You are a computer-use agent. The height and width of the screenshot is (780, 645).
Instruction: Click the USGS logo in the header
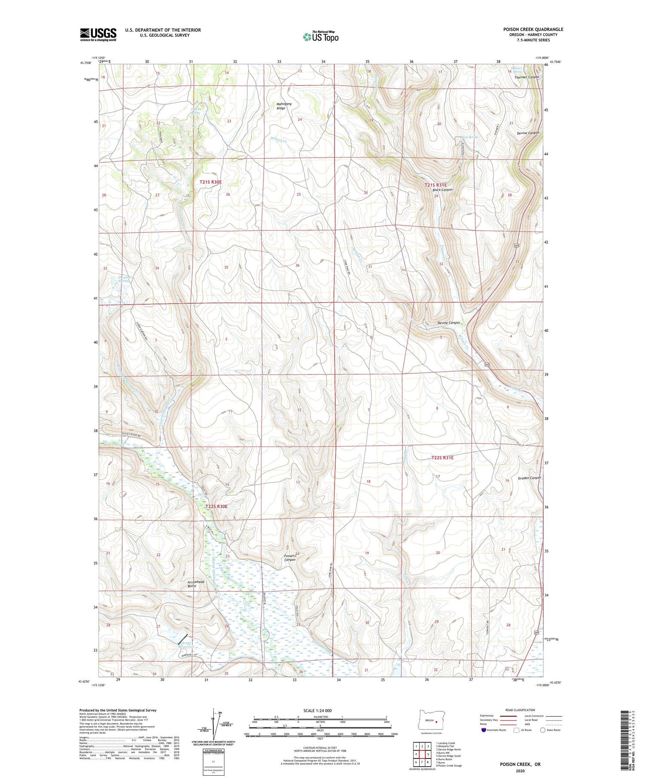pos(98,34)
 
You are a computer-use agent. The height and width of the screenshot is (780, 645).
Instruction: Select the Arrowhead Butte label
pos(196,584)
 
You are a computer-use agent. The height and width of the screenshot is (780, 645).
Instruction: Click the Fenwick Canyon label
pos(290,558)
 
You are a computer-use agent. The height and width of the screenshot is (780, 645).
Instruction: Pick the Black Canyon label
pos(442,190)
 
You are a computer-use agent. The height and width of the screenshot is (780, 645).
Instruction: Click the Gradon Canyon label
pos(529,478)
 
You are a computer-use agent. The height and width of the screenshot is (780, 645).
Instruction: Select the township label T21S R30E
pos(210,182)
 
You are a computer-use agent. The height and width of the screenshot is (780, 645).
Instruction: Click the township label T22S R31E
pos(442,458)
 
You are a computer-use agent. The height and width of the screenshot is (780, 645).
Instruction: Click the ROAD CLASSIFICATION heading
pos(520,710)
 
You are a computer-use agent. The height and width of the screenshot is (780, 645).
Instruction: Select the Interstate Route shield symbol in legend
pos(483,730)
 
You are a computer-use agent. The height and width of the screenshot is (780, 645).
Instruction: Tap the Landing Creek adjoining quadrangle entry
pos(445,743)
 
